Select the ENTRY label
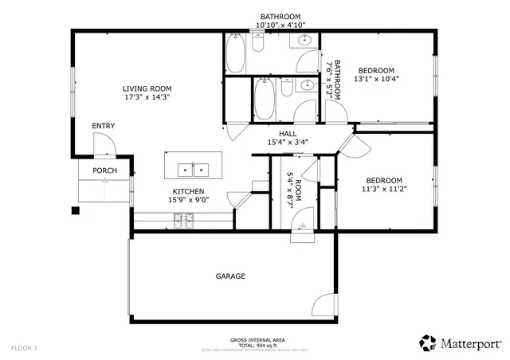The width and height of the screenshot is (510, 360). (x=103, y=126)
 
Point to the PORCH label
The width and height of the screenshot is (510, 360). (x=104, y=170)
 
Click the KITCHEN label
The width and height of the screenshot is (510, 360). (x=188, y=192)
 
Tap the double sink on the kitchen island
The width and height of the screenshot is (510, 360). (x=191, y=169)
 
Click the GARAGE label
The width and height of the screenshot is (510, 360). (x=230, y=276)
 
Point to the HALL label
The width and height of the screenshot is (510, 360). (x=288, y=134)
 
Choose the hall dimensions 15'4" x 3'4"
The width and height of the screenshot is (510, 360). (x=288, y=143)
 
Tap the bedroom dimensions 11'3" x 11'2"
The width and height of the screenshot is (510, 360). (x=383, y=190)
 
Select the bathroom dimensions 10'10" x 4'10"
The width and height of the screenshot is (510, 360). (x=280, y=25)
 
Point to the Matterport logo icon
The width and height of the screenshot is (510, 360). (x=428, y=342)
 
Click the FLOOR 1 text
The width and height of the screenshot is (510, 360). (x=24, y=348)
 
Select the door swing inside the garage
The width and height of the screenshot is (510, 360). (x=322, y=307)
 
